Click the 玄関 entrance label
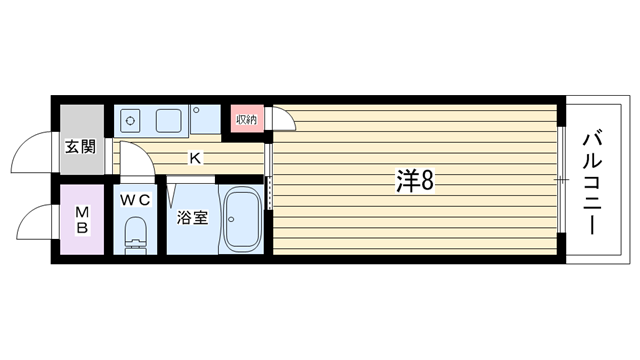pyautogui.click(x=81, y=147)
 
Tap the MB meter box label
pyautogui.click(x=82, y=220)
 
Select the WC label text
pyautogui.click(x=135, y=200)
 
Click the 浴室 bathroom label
pyautogui.click(x=192, y=218)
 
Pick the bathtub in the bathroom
pyautogui.click(x=243, y=220)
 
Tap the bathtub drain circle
pyautogui.click(x=231, y=219)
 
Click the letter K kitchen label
pyautogui.click(x=195, y=158)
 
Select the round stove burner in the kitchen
pyautogui.click(x=130, y=121)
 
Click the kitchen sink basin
pyautogui.click(x=169, y=121)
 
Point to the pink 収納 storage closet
pyautogui.click(x=247, y=119)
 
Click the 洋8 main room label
pyautogui.click(x=415, y=181)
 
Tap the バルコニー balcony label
pyautogui.click(x=592, y=182)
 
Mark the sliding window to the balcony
pyautogui.click(x=561, y=179)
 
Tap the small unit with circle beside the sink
pyautogui.click(x=205, y=119)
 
